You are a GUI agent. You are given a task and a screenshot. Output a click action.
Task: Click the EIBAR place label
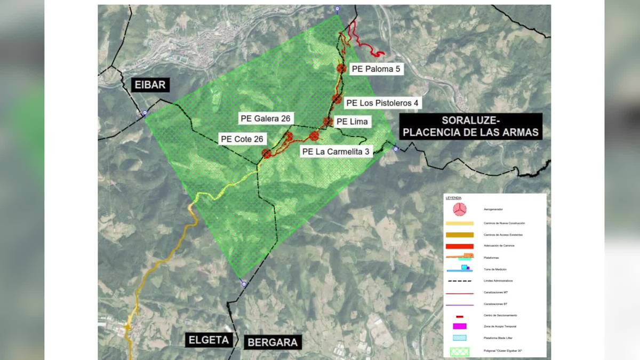click(x=151, y=85)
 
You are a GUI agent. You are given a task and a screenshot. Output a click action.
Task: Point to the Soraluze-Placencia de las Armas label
click(x=470, y=126)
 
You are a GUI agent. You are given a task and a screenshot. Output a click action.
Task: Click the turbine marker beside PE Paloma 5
click(x=342, y=68)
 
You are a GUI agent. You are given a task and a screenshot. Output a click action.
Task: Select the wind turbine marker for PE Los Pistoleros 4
click(x=337, y=99)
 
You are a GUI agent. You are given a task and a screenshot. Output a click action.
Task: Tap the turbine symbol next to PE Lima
click(x=327, y=122)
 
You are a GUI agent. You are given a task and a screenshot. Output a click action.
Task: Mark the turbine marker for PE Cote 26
click(x=267, y=154)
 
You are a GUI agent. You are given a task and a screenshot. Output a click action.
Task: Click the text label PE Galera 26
click(x=265, y=118)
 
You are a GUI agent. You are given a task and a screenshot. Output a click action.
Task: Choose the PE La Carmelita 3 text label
click(x=335, y=151)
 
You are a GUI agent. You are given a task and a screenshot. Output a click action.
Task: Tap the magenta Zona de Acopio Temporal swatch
click(x=459, y=326)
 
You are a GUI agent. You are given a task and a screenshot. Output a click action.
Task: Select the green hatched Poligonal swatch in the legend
click(x=459, y=351)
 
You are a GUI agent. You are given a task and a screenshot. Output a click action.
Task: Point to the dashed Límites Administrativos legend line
click(x=459, y=281)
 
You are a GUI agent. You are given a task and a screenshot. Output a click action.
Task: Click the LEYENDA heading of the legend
click(x=453, y=198)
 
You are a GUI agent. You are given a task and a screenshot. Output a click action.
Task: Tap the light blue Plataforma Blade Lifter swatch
click(x=459, y=338)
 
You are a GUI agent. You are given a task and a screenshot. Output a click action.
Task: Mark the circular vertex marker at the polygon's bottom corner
click(x=244, y=284)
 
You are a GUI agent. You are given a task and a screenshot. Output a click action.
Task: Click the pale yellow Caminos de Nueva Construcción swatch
click(x=459, y=223)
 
